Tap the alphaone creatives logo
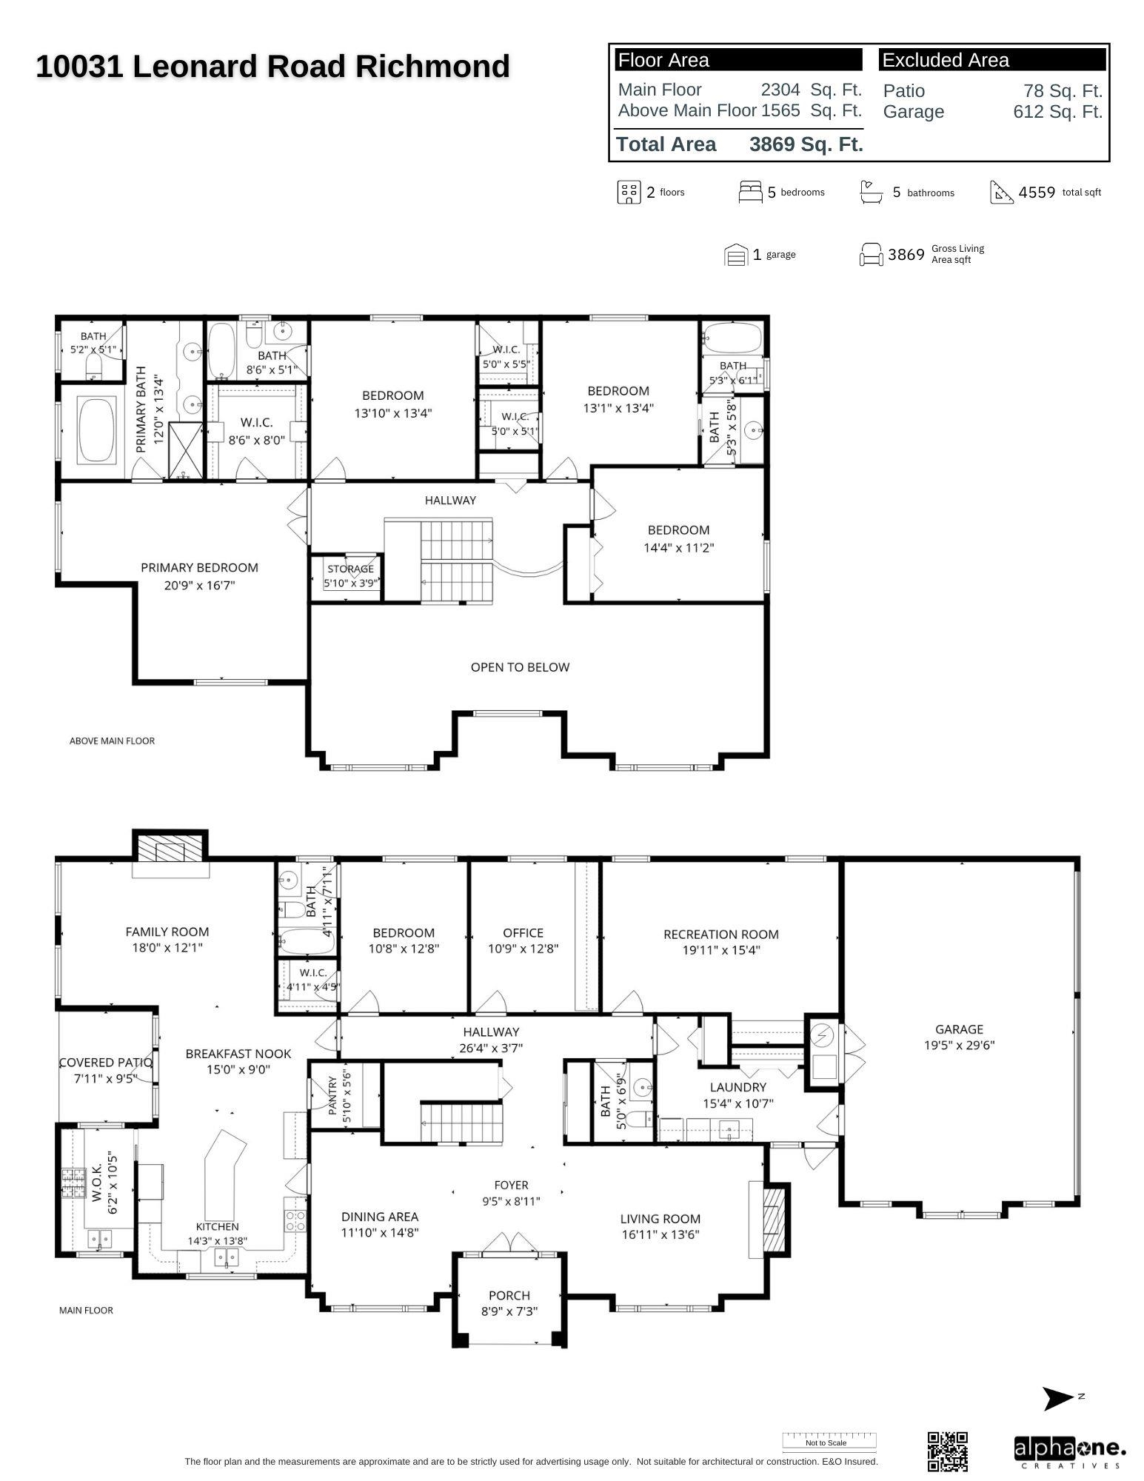click(x=1070, y=1453)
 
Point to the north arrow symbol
click(x=1058, y=1398)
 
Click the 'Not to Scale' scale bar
click(x=829, y=1441)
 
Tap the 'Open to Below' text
click(x=520, y=667)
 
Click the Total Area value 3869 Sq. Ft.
click(x=806, y=144)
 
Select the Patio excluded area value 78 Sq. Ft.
click(x=1063, y=91)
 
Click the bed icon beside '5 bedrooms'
click(x=750, y=192)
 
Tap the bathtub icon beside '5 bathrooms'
click(x=871, y=192)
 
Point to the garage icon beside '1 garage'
click(x=735, y=255)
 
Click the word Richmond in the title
click(x=432, y=67)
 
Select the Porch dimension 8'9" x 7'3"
click(x=509, y=1311)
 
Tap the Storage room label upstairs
click(x=351, y=569)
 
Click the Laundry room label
click(x=737, y=1087)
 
